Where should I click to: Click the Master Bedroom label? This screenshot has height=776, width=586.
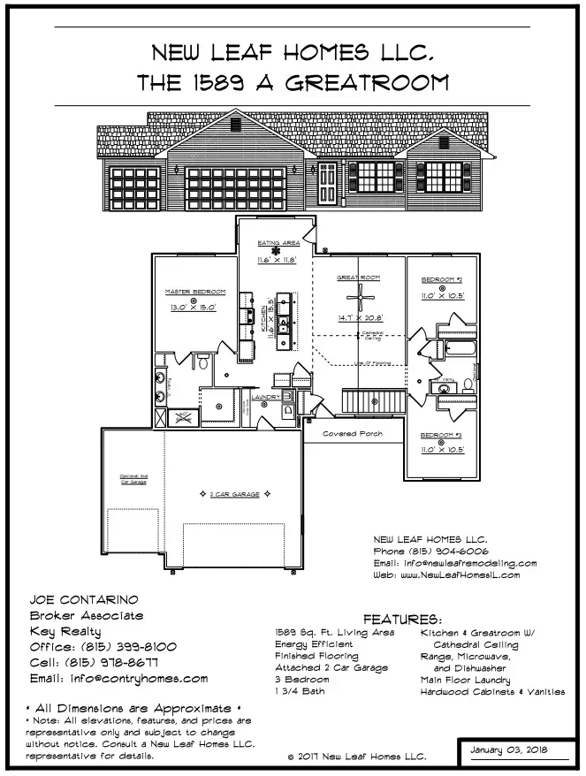coord(195,292)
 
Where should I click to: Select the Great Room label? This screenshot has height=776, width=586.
coord(357,278)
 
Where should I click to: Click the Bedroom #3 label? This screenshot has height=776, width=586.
coord(442,436)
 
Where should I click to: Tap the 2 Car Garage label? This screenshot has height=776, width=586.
coord(234,495)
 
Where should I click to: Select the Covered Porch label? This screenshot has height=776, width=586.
coord(352,434)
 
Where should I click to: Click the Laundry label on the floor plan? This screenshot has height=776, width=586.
coord(266,398)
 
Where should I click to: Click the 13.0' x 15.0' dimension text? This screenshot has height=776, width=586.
coord(193,308)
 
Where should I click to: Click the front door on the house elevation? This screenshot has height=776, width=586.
coord(327,183)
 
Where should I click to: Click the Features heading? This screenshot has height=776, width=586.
coord(402,620)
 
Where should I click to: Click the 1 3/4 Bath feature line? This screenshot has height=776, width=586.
coord(301,691)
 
